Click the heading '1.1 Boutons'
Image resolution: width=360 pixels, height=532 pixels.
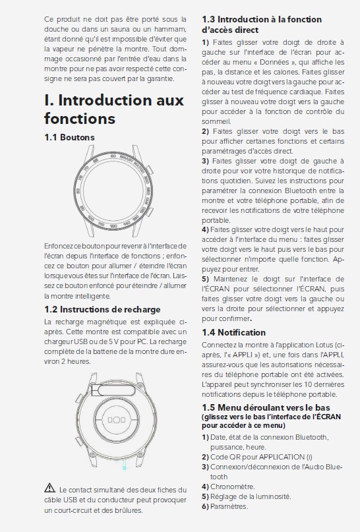click(69, 137)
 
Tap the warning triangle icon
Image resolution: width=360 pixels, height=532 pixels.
click(49, 488)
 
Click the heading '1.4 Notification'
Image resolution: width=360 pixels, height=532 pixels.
click(234, 332)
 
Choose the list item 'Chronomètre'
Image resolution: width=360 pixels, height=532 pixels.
click(233, 487)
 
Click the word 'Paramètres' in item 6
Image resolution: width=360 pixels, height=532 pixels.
click(229, 506)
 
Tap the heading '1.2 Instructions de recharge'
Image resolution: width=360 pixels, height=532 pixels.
click(102, 309)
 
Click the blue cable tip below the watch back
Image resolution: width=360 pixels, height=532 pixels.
click(124, 466)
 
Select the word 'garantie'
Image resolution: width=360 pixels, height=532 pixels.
click(160, 79)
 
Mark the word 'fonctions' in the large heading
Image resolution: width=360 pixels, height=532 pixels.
click(80, 119)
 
